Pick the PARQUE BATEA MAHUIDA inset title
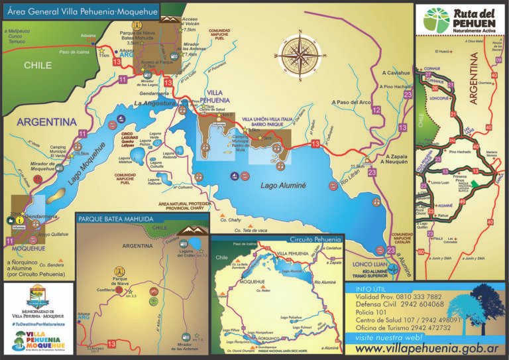click(x=117, y=218)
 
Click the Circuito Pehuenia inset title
click(x=315, y=238)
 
